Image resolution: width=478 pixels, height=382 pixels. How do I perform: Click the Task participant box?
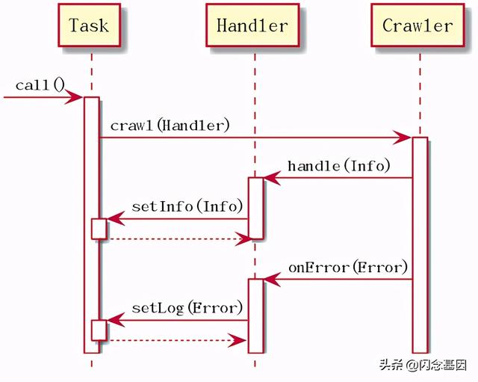click(x=89, y=26)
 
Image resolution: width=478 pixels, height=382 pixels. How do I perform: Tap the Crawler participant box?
click(x=418, y=26)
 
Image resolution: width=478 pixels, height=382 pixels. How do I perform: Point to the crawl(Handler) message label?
click(x=170, y=126)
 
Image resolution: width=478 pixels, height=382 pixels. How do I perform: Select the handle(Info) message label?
click(x=339, y=166)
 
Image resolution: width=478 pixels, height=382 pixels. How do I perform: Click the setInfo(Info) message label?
click(x=187, y=206)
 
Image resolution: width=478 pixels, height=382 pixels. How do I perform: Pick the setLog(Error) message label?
click(x=187, y=307)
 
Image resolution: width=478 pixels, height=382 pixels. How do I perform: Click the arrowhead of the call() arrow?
click(x=75, y=97)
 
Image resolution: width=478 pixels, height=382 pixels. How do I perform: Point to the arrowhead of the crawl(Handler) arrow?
click(x=403, y=138)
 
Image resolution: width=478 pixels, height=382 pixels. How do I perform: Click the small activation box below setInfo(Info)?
click(x=99, y=229)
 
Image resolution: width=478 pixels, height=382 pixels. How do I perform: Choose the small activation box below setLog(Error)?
click(x=99, y=330)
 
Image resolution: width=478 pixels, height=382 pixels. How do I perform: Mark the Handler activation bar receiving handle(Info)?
click(x=255, y=208)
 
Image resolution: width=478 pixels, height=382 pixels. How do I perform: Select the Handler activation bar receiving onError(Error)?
click(x=255, y=314)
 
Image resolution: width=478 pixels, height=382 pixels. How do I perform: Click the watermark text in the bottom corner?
click(x=422, y=366)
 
